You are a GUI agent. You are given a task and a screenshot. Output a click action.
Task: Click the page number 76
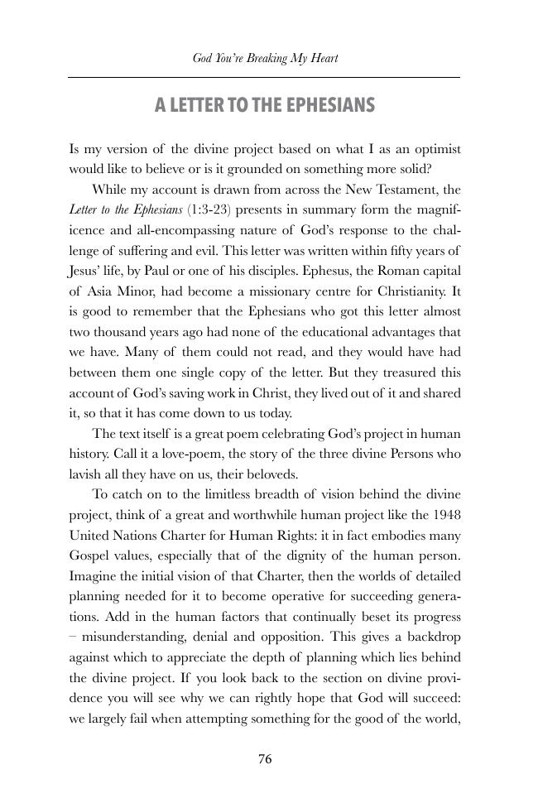click(x=265, y=760)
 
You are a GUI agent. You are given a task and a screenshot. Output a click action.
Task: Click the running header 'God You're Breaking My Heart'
click(x=265, y=59)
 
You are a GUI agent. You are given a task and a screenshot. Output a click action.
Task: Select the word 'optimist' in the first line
click(x=435, y=150)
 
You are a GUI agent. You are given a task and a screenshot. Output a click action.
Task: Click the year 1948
click(x=445, y=515)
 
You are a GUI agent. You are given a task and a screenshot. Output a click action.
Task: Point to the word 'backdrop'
click(x=432, y=637)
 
